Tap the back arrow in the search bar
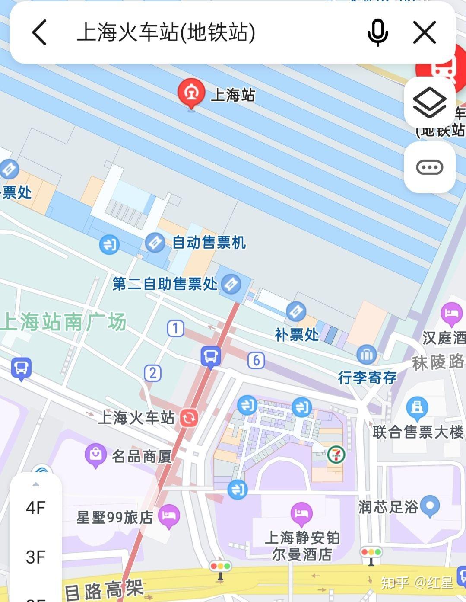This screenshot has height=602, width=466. [39, 32]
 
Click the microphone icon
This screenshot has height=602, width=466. [377, 32]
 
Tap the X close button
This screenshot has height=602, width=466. [424, 32]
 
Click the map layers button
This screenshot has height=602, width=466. [429, 102]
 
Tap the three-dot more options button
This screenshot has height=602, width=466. [429, 167]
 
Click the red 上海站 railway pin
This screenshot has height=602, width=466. [191, 93]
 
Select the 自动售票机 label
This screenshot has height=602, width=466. [209, 243]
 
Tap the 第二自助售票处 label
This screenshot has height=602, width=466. [165, 284]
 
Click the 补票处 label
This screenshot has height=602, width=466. [297, 334]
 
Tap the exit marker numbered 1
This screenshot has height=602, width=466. [175, 329]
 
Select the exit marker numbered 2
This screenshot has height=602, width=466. [152, 373]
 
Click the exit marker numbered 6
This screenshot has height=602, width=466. [256, 360]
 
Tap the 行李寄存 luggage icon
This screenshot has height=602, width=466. [366, 355]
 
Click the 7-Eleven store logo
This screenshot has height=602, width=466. [336, 455]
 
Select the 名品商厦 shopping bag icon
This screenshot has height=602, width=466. [95, 455]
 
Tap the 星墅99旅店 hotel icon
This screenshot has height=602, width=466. [168, 516]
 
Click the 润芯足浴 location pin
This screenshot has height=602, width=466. [430, 505]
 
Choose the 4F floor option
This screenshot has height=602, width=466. [35, 508]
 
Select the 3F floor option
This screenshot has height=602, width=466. [35, 557]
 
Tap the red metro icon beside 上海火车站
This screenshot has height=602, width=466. [189, 418]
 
